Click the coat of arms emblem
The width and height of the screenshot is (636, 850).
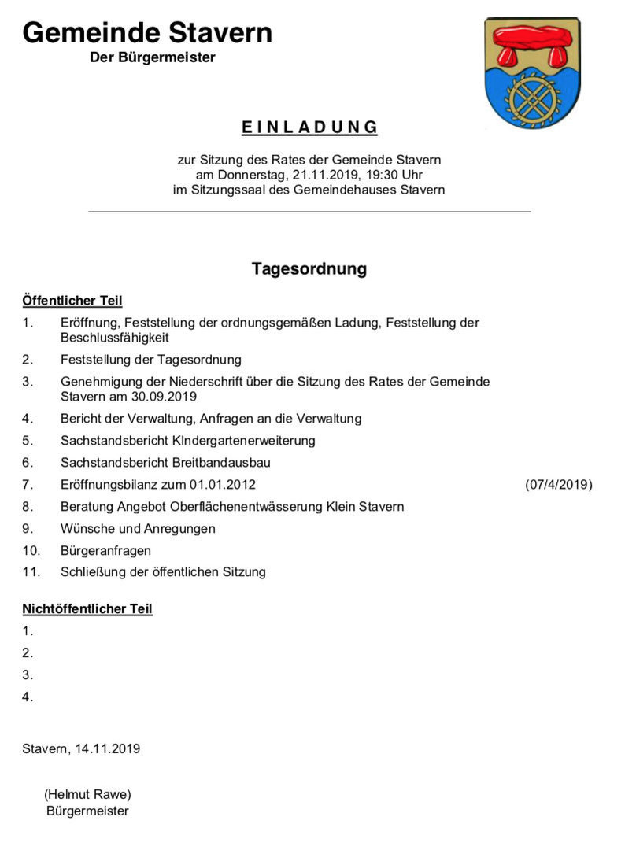pos(531,72)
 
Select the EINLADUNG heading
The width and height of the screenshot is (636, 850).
pos(309,128)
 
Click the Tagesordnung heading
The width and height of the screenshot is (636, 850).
pos(309,269)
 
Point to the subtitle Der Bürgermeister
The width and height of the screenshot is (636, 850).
pos(152,57)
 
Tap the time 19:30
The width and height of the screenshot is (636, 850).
pos(379,175)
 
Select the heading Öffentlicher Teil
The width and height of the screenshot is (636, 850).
pos(72,301)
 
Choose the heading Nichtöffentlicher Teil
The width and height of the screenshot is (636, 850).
pos(87,609)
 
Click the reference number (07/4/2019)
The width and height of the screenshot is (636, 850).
pos(558,485)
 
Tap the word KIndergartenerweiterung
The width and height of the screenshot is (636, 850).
pos(246,441)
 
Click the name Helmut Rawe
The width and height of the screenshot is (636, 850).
pos(87,794)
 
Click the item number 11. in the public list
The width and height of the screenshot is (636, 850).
pos(31,572)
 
